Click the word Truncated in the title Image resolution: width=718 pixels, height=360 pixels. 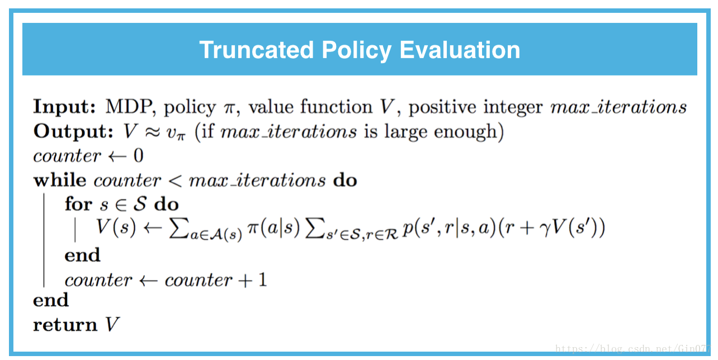pos(256,50)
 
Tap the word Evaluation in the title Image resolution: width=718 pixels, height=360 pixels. pos(460,50)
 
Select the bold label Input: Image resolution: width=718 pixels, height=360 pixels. pos(64,107)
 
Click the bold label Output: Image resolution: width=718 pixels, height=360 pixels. pos(73,131)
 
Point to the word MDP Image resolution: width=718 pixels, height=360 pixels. pos(129,106)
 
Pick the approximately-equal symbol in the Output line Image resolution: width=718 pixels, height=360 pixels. pos(152,132)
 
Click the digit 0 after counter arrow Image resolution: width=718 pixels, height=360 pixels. pos(139,156)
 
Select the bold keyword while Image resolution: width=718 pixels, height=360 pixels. pos(60,180)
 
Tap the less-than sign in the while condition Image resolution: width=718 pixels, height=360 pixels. pos(175,181)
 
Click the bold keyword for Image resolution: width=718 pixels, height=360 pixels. pos(78,204)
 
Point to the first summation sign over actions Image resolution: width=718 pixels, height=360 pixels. pos(178,228)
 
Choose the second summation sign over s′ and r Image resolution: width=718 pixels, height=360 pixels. pos(314,228)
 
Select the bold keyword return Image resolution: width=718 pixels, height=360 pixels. pos(65,325)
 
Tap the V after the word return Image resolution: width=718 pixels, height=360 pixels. pos(112,324)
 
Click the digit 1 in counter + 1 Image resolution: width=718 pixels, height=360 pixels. pos(263,280)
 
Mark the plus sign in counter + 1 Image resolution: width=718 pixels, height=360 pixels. pos(245,281)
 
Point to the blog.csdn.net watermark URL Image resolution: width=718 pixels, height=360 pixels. pos(633,348)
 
